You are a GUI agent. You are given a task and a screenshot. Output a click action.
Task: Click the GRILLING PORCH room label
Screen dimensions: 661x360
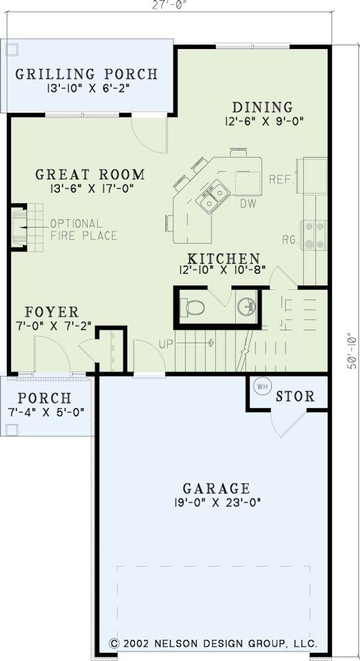click(x=86, y=74)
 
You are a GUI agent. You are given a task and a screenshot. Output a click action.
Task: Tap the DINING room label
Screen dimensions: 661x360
click(x=262, y=107)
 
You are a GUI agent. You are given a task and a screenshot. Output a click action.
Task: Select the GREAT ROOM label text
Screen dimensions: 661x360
click(x=90, y=175)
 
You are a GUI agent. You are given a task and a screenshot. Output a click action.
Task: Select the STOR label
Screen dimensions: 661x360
click(x=295, y=397)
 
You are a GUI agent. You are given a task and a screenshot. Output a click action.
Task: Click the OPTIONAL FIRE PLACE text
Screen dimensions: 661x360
click(x=83, y=229)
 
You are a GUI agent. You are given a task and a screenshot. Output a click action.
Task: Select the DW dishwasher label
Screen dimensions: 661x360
click(x=248, y=204)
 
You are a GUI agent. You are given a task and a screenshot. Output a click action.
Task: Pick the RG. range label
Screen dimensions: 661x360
click(x=290, y=240)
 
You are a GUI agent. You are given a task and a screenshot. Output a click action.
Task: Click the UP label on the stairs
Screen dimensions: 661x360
click(x=166, y=344)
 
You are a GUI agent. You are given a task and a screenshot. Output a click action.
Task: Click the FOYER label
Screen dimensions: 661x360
click(x=52, y=312)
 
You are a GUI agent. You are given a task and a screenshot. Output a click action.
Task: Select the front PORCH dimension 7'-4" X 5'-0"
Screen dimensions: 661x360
click(x=44, y=412)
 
